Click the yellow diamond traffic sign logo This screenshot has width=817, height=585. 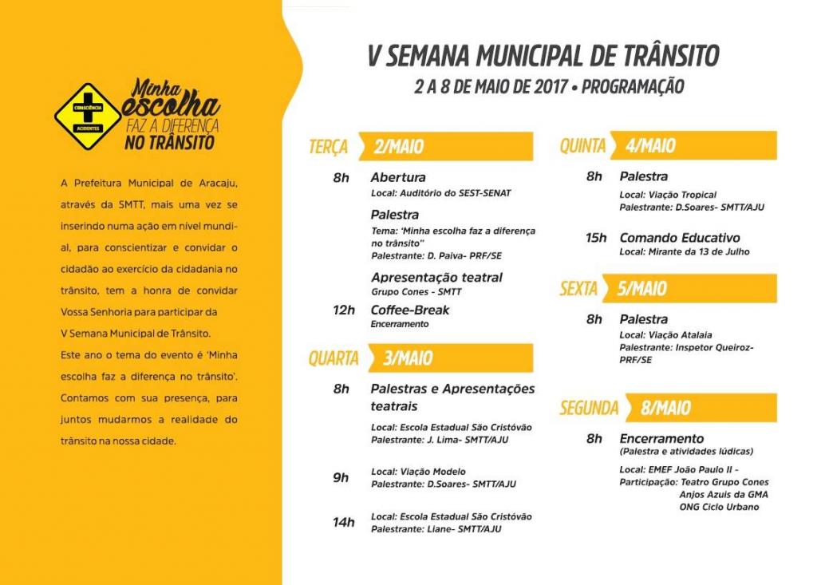[88, 117]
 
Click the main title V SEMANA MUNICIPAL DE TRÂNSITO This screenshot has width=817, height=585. [543, 56]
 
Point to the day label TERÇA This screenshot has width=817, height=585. [329, 147]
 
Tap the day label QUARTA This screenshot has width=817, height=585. [334, 358]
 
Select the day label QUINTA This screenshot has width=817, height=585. [582, 146]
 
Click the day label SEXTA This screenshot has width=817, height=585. [578, 288]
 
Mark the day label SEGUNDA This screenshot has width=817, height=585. [589, 408]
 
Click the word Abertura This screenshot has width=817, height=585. [398, 177]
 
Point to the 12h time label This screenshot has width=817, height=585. [344, 310]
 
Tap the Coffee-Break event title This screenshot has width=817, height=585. [410, 310]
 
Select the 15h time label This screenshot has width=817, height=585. [595, 238]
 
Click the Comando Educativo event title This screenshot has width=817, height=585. [680, 238]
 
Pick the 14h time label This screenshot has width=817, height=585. [344, 522]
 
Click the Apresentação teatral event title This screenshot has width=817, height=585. [436, 278]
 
